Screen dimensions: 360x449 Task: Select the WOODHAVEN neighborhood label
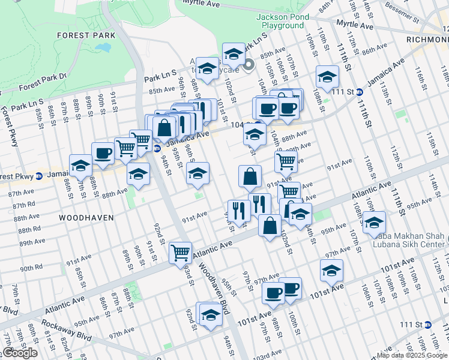click(86, 218)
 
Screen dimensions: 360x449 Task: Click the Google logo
click(20, 353)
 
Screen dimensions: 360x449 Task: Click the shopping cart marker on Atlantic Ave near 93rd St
click(179, 253)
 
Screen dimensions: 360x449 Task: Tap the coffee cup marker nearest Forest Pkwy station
click(103, 153)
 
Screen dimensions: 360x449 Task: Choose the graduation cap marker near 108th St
click(327, 76)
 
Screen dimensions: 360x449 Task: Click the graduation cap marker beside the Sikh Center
click(374, 221)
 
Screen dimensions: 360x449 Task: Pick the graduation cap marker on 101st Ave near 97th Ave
click(331, 271)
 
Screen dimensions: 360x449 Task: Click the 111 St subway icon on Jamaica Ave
click(359, 92)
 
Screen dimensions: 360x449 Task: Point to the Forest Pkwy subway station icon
click(39, 176)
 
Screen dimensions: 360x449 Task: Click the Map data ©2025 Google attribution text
click(411, 355)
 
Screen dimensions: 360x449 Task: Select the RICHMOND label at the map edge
click(428, 44)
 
